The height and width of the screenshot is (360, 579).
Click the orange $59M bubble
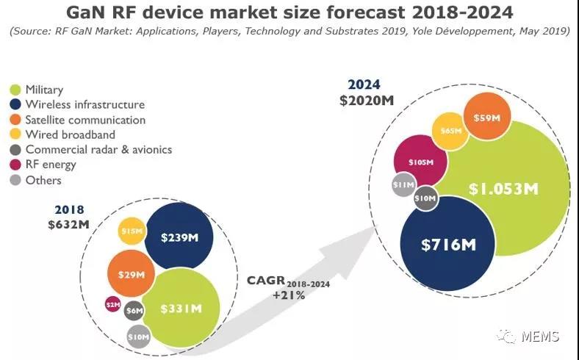pyautogui.click(x=487, y=118)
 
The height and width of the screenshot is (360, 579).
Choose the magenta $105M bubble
pyautogui.click(x=421, y=162)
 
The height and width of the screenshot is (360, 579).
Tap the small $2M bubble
pyautogui.click(x=112, y=303)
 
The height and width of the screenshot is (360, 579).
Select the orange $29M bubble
pyautogui.click(x=131, y=274)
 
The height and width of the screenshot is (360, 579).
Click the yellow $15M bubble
pyautogui.click(x=132, y=231)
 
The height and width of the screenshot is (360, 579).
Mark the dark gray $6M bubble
pyautogui.click(x=134, y=311)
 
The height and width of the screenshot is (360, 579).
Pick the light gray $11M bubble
pyautogui.click(x=404, y=185)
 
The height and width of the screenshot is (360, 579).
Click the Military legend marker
pyautogui.click(x=15, y=90)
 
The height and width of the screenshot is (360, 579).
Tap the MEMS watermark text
pyautogui.click(x=540, y=336)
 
